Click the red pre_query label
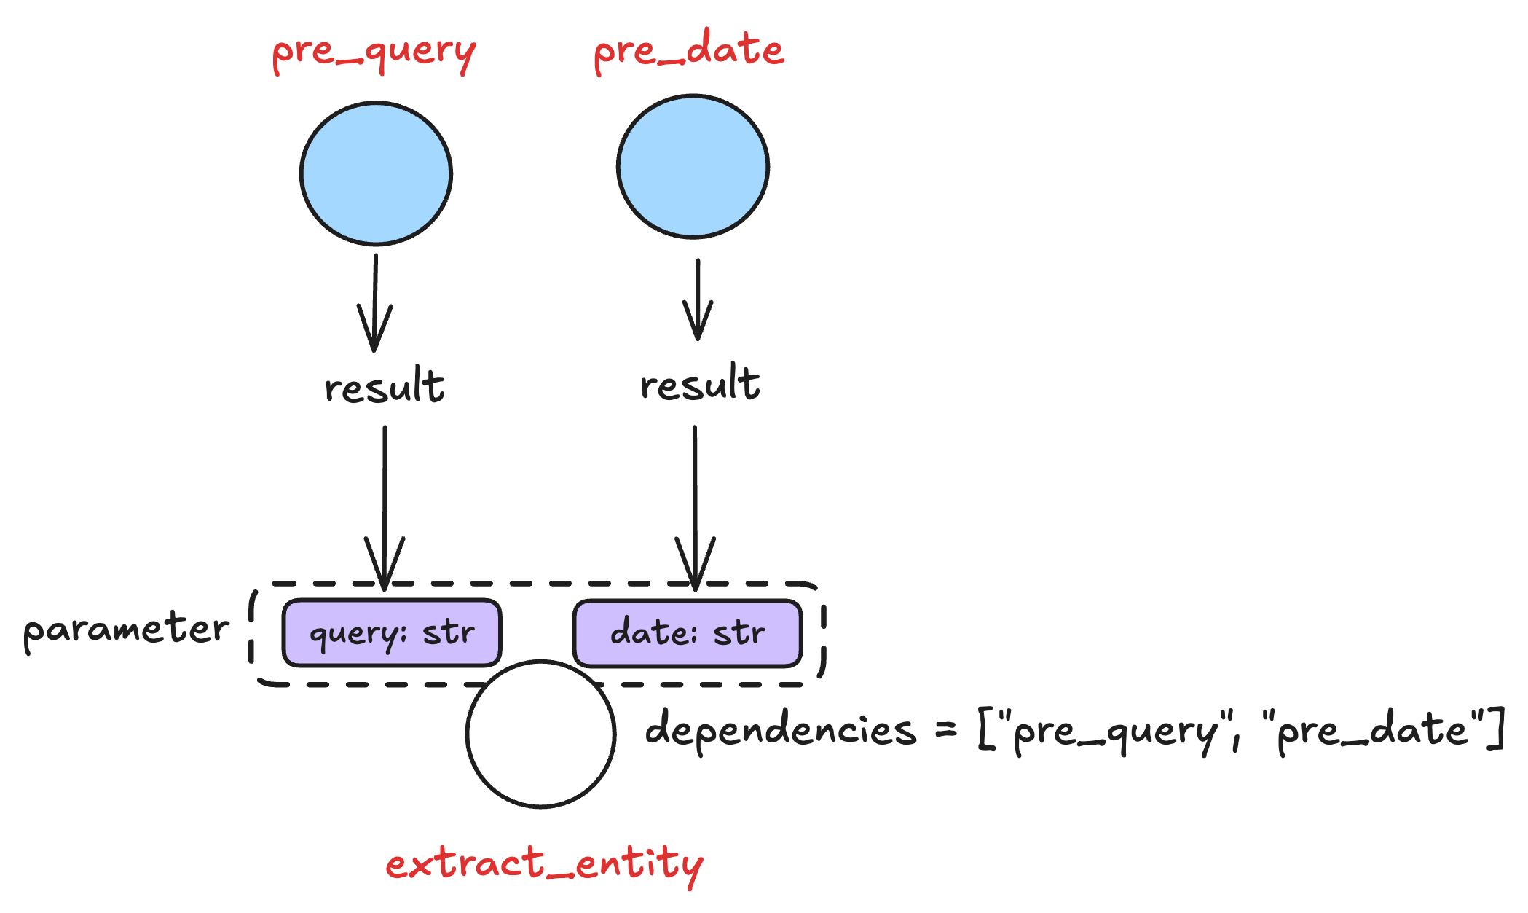[x=374, y=52]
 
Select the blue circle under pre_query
[x=376, y=173]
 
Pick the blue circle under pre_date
[x=693, y=166]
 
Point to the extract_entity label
[x=544, y=864]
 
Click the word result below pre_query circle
[x=384, y=386]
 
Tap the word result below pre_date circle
[x=699, y=383]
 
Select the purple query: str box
[x=392, y=632]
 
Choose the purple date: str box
[x=688, y=632]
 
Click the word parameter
[x=126, y=630]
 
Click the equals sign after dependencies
[x=945, y=729]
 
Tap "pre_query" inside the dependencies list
[x=1114, y=731]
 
